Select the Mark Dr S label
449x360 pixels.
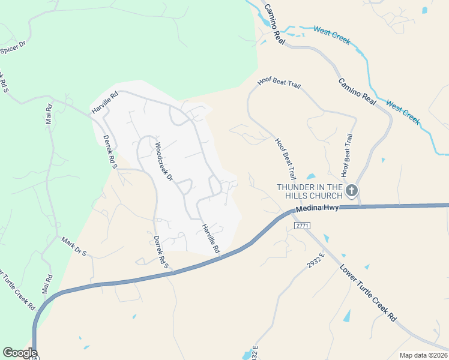click(74, 246)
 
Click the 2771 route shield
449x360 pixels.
click(301, 224)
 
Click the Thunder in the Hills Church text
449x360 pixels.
click(309, 191)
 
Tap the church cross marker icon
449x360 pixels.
click(352, 191)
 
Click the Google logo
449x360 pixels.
click(19, 353)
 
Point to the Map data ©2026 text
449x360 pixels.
click(423, 355)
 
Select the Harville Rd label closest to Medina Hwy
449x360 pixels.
click(211, 238)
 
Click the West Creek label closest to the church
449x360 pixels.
click(403, 112)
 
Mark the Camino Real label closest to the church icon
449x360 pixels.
click(357, 92)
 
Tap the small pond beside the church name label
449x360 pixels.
click(310, 177)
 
